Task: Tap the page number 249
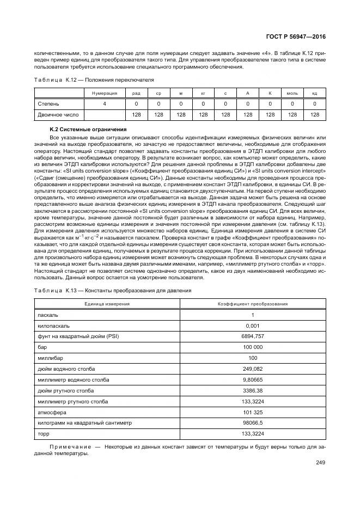(320, 463)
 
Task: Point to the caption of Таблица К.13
(113, 291)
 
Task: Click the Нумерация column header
(104, 93)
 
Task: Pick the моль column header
(292, 93)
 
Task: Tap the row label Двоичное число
(58, 115)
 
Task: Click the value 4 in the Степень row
(104, 103)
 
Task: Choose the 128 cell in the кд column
(314, 115)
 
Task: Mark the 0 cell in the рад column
(136, 103)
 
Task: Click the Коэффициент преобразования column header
(253, 303)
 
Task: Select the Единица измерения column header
(107, 303)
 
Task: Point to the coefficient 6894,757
(253, 336)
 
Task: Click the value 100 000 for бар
(253, 347)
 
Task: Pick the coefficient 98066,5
(253, 422)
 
